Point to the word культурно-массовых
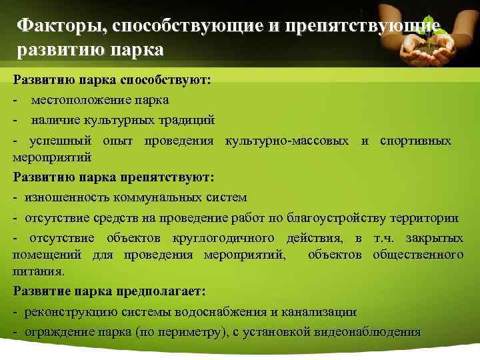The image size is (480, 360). [287, 141]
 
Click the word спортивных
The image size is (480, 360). [415, 141]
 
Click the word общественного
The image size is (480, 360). [418, 255]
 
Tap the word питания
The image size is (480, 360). [38, 272]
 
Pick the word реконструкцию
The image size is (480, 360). [70, 312]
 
